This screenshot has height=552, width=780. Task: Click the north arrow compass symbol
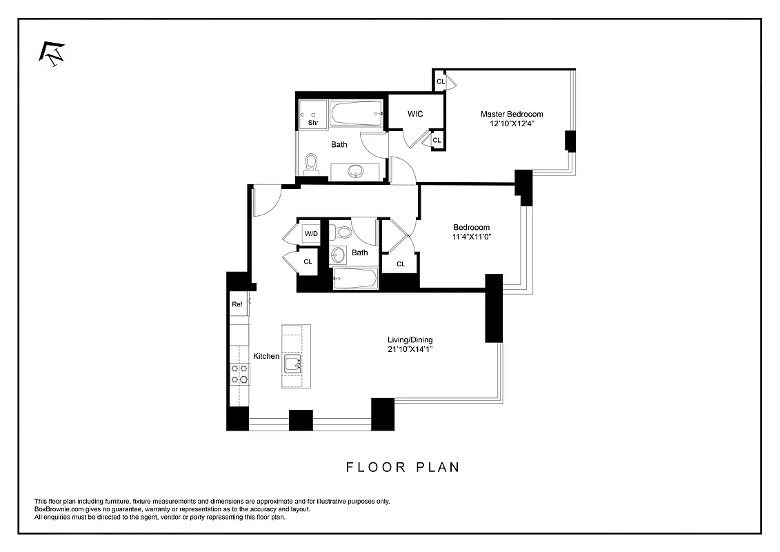coord(52,55)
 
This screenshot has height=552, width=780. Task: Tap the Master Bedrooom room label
coord(511,114)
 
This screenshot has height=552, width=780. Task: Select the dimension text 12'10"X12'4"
coord(511,124)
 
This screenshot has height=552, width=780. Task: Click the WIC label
coord(415,114)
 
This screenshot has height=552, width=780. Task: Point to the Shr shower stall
coord(312,116)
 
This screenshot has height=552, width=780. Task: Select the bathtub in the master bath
coord(355,114)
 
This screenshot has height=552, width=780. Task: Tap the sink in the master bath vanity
coord(356,170)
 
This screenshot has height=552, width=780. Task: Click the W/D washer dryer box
coord(312,234)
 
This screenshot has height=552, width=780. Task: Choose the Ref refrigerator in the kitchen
coord(237,304)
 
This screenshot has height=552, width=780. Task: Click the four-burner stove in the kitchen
coord(240,373)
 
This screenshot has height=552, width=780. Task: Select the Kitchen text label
coord(266,356)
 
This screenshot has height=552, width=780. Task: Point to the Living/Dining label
coord(409,339)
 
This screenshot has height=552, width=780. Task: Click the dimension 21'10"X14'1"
coord(409,350)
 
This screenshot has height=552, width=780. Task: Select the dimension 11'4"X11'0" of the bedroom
coord(471,237)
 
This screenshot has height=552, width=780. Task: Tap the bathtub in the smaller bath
coord(355,279)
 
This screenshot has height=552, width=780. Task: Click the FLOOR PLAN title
coord(403,467)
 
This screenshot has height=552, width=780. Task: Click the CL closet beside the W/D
coord(308,262)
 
